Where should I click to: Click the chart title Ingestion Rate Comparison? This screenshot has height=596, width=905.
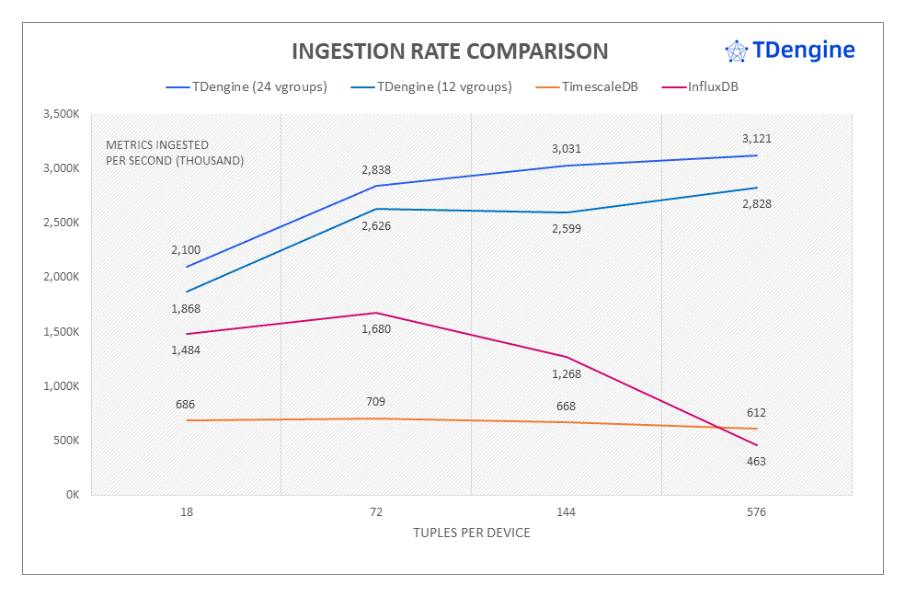(x=449, y=52)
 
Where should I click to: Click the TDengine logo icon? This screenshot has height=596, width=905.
(x=736, y=52)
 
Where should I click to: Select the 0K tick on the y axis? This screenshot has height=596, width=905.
(x=73, y=495)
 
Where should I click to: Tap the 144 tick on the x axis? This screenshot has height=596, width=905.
(x=567, y=512)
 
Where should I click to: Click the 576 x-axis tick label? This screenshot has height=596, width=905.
(x=756, y=512)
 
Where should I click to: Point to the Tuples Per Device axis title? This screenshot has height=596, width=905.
(x=471, y=533)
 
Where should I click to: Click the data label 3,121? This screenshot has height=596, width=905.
(x=756, y=139)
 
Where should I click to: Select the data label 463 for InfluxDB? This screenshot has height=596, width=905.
(x=756, y=462)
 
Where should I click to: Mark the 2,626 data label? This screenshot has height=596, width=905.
(x=376, y=225)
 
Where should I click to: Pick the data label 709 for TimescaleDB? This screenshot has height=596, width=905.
(x=376, y=402)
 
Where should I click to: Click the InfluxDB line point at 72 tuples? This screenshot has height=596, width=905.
(x=376, y=313)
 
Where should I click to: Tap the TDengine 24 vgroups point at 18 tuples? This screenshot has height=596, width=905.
(x=187, y=267)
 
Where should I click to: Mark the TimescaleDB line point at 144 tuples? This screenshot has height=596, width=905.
(x=567, y=422)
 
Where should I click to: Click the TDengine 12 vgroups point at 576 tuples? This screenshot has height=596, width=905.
(x=756, y=188)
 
